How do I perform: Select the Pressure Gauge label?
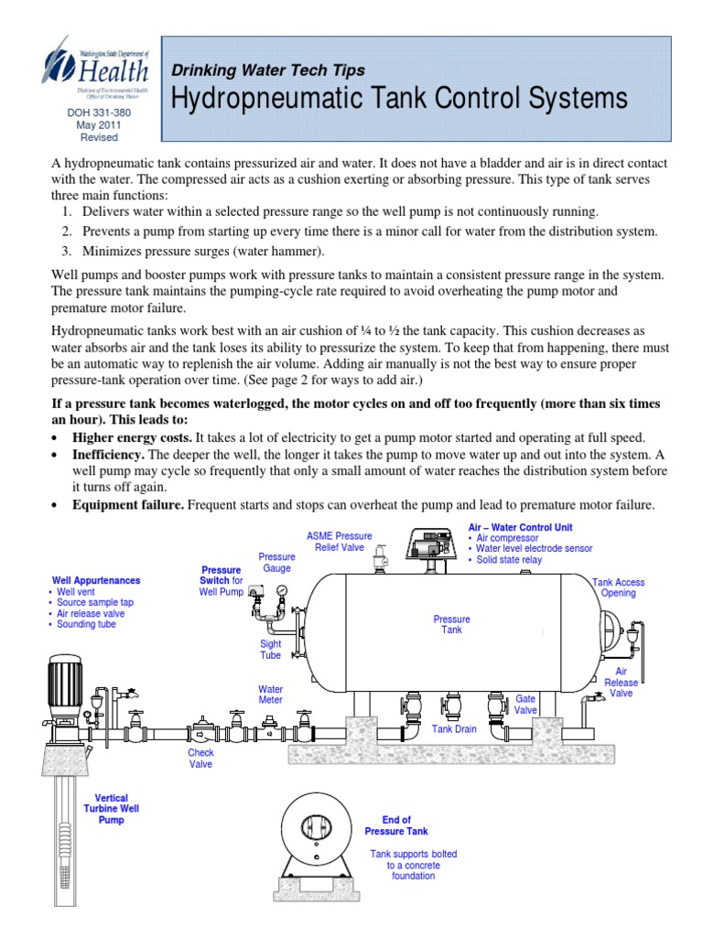click(276, 562)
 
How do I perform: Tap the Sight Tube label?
click(270, 649)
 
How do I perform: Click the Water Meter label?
click(270, 694)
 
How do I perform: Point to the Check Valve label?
click(200, 759)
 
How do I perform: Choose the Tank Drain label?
click(455, 729)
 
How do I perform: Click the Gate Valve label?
click(525, 704)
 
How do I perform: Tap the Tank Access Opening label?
click(618, 587)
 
